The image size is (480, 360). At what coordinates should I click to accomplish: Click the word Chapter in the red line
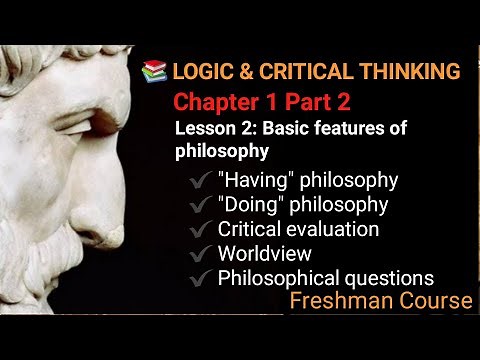tap(219, 101)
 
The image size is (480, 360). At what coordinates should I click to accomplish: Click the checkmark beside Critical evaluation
tap(205, 230)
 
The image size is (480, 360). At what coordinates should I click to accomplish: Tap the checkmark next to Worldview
tap(205, 254)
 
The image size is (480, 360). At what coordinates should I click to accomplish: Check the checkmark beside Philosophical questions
tap(205, 278)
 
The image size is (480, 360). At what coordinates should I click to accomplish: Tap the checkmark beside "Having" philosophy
tap(205, 181)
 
